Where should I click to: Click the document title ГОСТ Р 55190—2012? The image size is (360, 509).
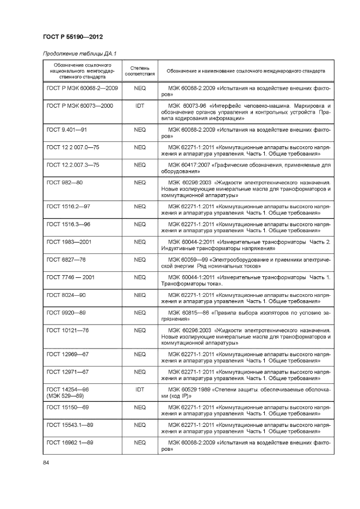click(x=72, y=36)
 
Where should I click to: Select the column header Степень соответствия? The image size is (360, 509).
click(x=140, y=71)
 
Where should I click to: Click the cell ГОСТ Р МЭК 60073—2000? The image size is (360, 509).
click(x=80, y=105)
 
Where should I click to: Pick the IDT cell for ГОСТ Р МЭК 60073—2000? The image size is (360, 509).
click(x=140, y=105)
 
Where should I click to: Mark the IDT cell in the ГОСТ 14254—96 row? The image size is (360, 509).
click(x=140, y=389)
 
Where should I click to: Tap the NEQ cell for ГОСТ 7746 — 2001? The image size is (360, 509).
click(x=140, y=277)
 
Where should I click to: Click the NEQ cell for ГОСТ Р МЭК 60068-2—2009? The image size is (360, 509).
click(x=140, y=88)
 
